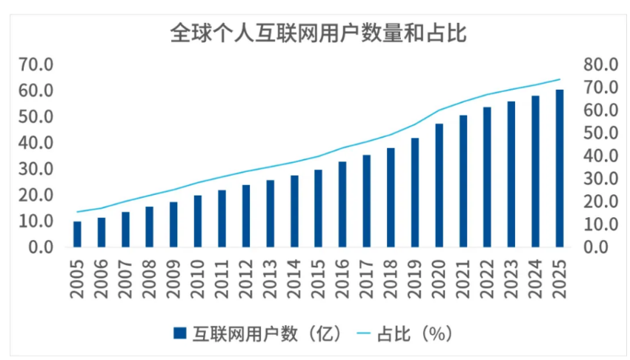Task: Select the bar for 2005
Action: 77,234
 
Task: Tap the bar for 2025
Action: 560,168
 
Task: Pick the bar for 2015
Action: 318,208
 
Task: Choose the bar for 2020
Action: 439,185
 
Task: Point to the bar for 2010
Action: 198,221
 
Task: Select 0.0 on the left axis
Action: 42,247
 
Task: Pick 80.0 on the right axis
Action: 600,64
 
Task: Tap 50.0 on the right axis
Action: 600,133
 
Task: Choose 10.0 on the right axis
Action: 600,224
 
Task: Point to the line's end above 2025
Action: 560,79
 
